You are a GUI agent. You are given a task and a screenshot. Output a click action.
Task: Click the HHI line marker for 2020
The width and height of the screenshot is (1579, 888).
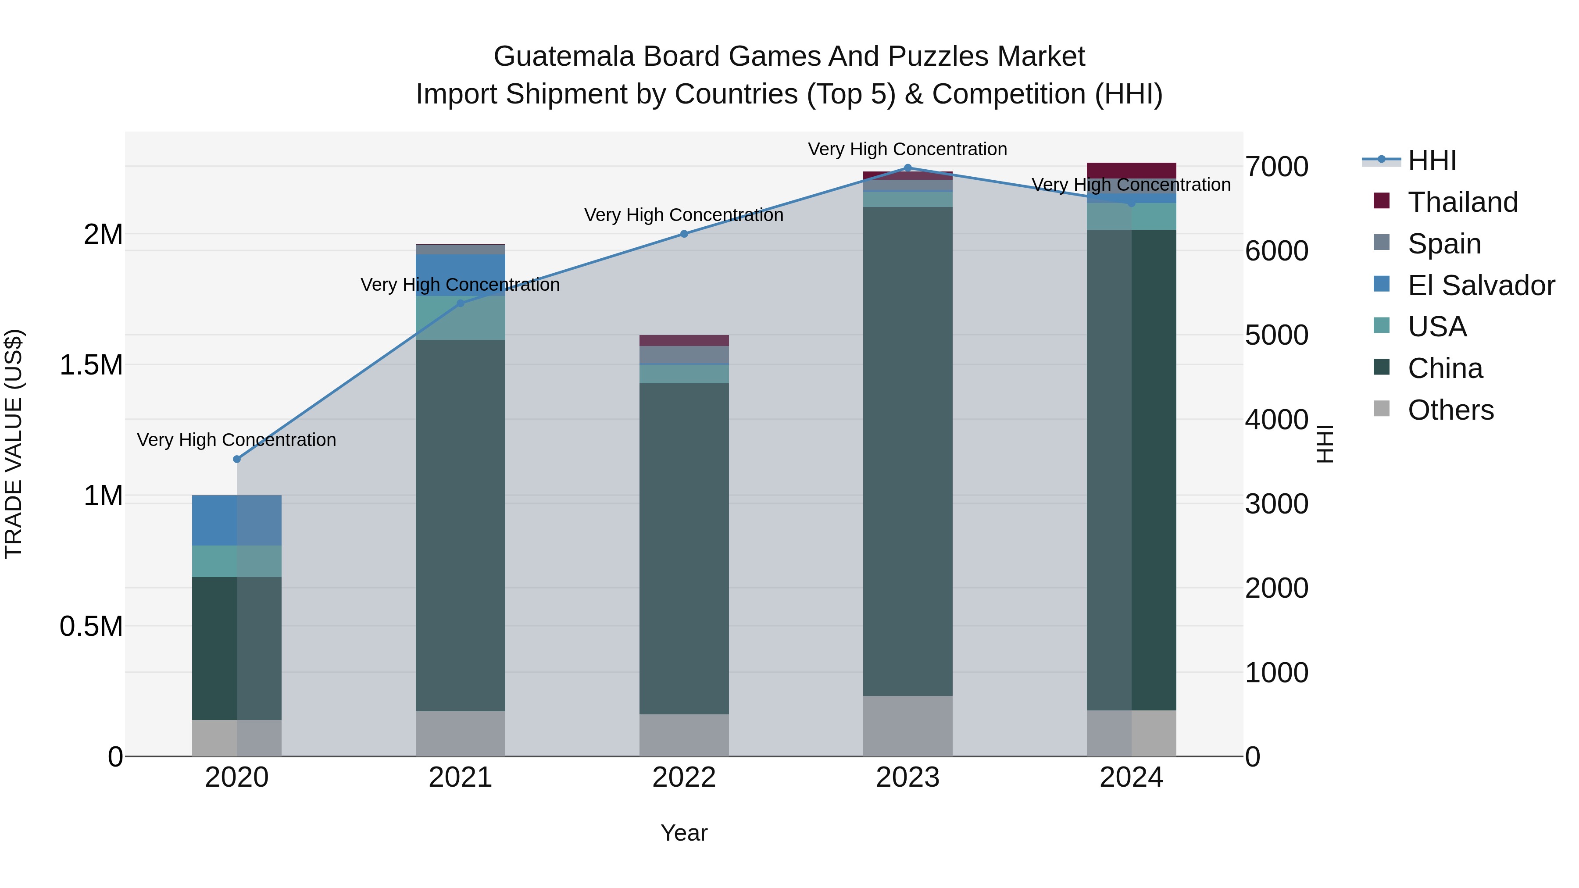[236, 459]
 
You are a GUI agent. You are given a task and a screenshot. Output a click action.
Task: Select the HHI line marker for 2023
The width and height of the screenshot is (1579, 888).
[908, 168]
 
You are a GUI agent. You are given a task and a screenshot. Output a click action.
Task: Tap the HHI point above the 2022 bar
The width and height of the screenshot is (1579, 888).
[684, 233]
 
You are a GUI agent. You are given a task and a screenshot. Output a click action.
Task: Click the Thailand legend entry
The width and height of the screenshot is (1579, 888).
[1462, 202]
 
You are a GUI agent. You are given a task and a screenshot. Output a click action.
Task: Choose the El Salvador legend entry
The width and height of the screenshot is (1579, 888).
[1481, 285]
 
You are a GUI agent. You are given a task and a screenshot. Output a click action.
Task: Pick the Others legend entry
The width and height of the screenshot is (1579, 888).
[1450, 410]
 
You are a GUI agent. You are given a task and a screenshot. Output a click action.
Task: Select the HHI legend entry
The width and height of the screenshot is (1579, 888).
[1432, 160]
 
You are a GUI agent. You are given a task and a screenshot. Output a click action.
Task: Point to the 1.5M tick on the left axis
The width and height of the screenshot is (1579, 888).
[91, 365]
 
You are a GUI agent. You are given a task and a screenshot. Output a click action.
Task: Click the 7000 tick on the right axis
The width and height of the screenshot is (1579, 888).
[1276, 167]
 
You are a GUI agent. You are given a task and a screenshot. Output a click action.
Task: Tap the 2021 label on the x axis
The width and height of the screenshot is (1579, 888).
[461, 777]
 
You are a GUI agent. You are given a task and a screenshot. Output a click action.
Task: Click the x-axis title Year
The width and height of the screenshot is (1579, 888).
[684, 833]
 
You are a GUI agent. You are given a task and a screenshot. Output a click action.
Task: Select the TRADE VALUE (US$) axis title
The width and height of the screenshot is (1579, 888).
[14, 444]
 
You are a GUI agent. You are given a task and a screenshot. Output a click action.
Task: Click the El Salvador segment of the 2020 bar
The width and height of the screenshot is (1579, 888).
[236, 520]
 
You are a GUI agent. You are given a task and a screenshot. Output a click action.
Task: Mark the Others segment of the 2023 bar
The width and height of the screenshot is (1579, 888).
[908, 726]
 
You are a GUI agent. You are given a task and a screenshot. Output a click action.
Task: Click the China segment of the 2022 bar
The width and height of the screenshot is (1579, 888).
[684, 549]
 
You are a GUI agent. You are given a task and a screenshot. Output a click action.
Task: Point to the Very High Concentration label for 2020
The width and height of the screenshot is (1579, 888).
[236, 440]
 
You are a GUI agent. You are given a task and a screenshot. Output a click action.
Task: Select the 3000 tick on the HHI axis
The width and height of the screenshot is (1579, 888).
[1276, 504]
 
